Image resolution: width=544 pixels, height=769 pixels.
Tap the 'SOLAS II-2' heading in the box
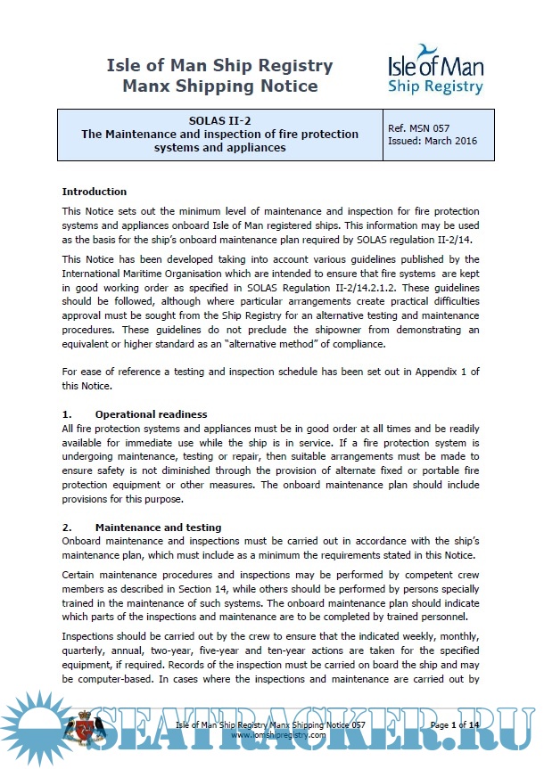click(219, 121)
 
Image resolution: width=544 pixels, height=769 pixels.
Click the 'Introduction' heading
click(95, 192)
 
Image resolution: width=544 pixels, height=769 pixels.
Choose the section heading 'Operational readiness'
click(151, 414)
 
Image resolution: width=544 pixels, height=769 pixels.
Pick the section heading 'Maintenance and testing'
click(158, 528)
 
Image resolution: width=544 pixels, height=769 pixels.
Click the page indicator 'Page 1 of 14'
click(454, 726)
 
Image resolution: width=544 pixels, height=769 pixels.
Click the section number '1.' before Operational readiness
click(66, 414)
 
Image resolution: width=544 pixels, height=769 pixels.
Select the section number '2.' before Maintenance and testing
click(66, 528)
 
